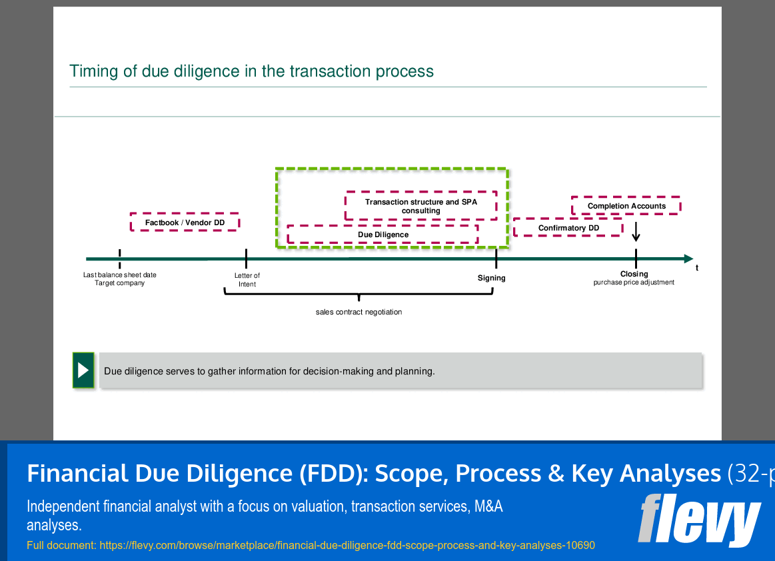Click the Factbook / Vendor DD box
pyautogui.click(x=185, y=223)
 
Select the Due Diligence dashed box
pyautogui.click(x=383, y=235)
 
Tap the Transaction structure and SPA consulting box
pyautogui.click(x=420, y=206)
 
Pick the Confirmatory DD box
pyautogui.click(x=568, y=228)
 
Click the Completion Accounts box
pyautogui.click(x=626, y=206)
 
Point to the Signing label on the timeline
pyautogui.click(x=491, y=278)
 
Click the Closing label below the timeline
pyautogui.click(x=634, y=274)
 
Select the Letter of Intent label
pyautogui.click(x=247, y=280)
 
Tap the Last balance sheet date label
pyautogui.click(x=120, y=275)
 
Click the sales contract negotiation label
pyautogui.click(x=359, y=312)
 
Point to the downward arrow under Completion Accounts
pyautogui.click(x=636, y=232)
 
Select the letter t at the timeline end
pyautogui.click(x=697, y=268)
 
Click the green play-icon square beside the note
pyautogui.click(x=83, y=370)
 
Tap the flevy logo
pyautogui.click(x=699, y=520)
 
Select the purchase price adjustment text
pyautogui.click(x=634, y=282)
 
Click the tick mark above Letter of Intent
pyautogui.click(x=246, y=259)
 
